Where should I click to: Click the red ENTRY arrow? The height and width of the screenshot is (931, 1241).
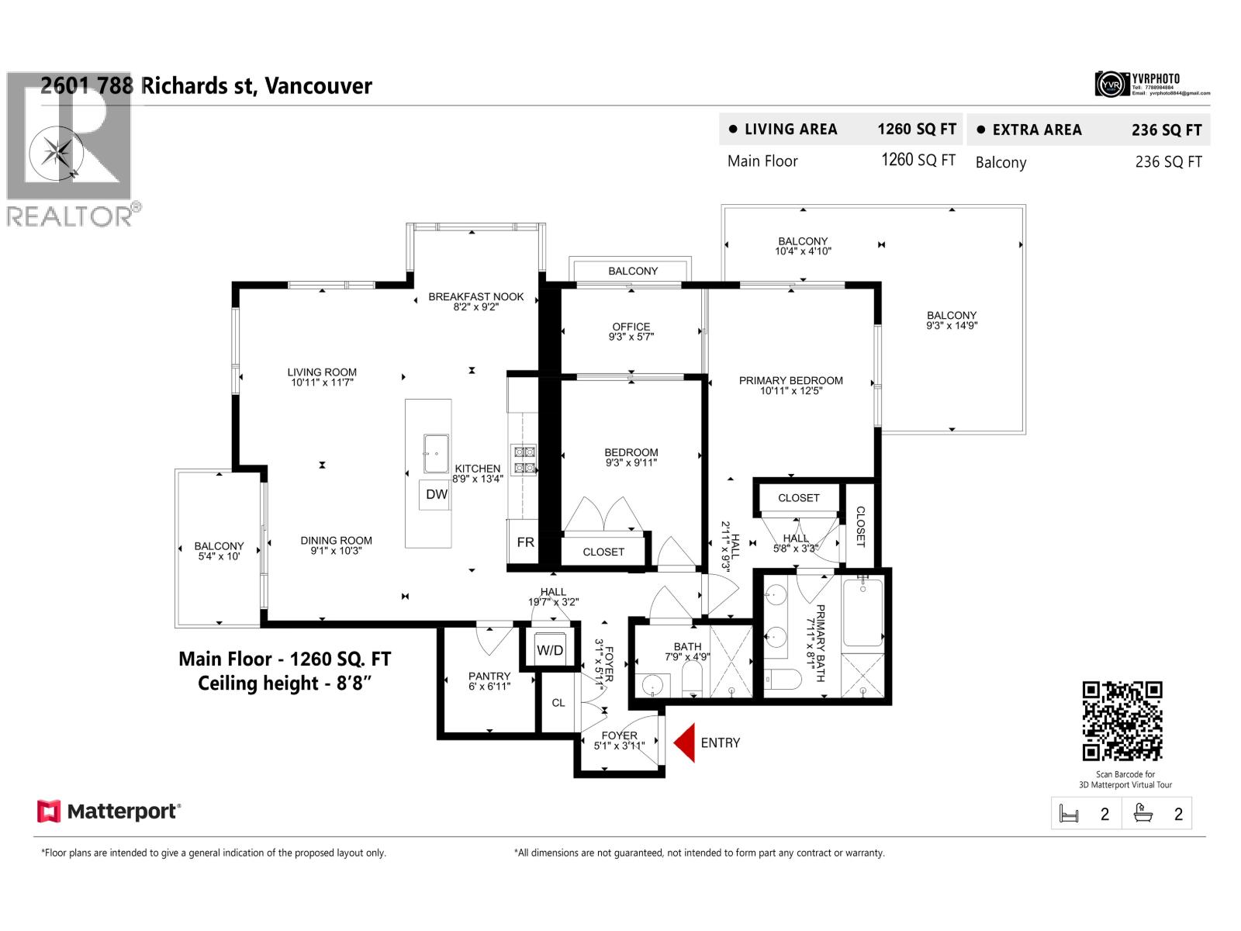(x=684, y=743)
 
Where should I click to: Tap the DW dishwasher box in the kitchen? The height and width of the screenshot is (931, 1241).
(x=437, y=494)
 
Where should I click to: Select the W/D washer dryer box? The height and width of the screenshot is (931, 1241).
(x=550, y=650)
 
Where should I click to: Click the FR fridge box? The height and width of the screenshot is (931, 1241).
(x=525, y=542)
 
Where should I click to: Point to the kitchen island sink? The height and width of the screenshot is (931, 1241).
(x=435, y=453)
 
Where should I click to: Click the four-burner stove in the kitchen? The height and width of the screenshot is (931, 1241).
(x=523, y=459)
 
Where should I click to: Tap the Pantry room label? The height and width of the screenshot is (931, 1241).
(x=489, y=681)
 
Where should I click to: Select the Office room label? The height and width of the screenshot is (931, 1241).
(x=631, y=331)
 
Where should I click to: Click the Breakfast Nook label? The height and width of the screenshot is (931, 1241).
(x=476, y=301)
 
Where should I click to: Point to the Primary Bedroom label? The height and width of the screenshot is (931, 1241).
(x=790, y=386)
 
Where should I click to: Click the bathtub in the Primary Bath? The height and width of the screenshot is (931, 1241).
(x=862, y=612)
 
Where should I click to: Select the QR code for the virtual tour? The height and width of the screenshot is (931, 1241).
(x=1122, y=721)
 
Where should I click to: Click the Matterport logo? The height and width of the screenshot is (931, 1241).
(x=109, y=812)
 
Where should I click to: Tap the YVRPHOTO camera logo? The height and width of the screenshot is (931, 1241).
(x=1110, y=84)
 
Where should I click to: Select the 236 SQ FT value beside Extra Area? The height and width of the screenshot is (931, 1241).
(x=1166, y=130)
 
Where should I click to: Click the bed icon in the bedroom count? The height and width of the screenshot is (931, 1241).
(x=1069, y=814)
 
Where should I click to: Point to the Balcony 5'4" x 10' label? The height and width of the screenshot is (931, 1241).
(x=219, y=551)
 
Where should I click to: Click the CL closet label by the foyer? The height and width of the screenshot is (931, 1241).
(x=558, y=703)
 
